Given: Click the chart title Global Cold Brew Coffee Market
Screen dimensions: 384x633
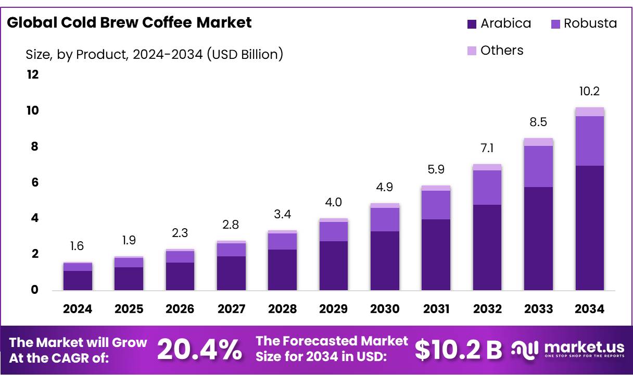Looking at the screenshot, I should [x=129, y=22].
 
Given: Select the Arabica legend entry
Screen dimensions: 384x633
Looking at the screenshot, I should [x=499, y=23].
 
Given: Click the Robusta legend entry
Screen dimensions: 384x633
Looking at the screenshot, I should [x=584, y=23].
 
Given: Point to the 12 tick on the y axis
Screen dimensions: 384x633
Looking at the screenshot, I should [x=32, y=75].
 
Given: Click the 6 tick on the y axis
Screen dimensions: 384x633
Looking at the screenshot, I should [x=34, y=182].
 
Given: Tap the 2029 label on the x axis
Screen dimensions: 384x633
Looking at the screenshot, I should [x=333, y=309].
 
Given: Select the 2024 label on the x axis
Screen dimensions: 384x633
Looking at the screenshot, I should [x=78, y=309].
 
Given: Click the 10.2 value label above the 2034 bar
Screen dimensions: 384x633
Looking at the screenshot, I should [x=589, y=92].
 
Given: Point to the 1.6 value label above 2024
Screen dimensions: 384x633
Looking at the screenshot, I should [x=77, y=246].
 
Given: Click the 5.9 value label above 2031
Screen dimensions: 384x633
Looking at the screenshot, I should [x=436, y=169].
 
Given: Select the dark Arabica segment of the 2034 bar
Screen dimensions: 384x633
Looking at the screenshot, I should [x=589, y=228].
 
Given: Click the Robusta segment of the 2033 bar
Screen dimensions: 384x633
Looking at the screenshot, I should [x=538, y=166].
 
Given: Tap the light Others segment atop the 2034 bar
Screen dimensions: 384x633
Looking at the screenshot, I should [x=589, y=112].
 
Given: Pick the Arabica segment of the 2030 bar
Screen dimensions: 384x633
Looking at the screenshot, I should [x=385, y=261].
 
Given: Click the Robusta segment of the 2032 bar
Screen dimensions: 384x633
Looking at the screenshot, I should [x=487, y=187].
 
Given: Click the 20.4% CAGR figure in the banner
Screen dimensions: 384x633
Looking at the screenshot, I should [x=199, y=350].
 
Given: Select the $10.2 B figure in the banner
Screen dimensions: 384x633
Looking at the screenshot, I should [x=458, y=350].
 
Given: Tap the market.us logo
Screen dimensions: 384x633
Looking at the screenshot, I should [x=567, y=350].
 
